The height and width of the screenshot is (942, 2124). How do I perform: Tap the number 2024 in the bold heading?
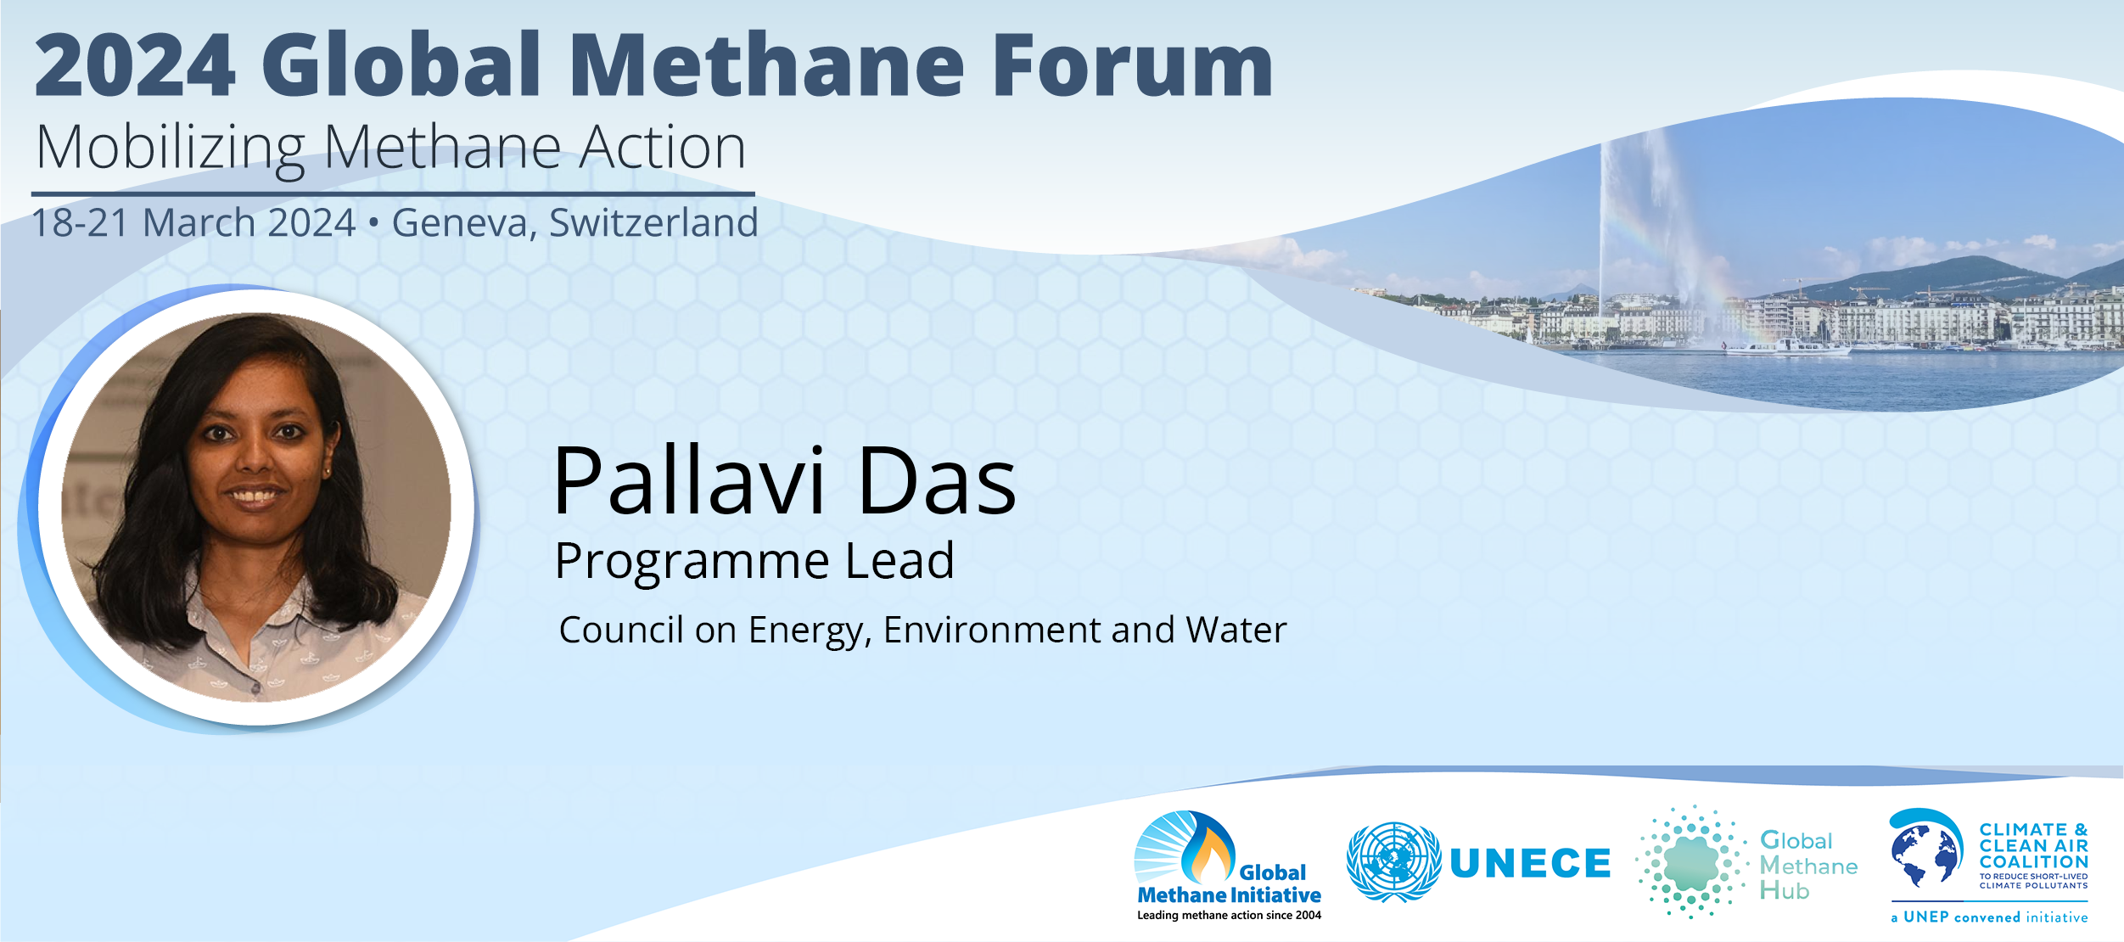tap(135, 65)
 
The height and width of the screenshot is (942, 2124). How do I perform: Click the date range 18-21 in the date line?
tap(81, 223)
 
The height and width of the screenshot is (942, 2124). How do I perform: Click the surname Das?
tap(937, 481)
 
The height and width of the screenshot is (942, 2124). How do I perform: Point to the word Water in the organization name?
tap(1236, 630)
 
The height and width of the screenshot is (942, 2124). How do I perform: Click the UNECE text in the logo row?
tap(1530, 863)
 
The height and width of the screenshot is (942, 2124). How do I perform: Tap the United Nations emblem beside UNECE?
tap(1393, 861)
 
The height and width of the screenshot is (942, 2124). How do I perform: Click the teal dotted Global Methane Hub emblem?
tap(1691, 862)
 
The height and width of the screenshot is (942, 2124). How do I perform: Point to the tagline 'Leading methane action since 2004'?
tap(1229, 915)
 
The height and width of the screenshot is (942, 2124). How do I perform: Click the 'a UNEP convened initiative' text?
tap(1989, 917)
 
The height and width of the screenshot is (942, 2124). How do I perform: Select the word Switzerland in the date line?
tap(653, 222)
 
